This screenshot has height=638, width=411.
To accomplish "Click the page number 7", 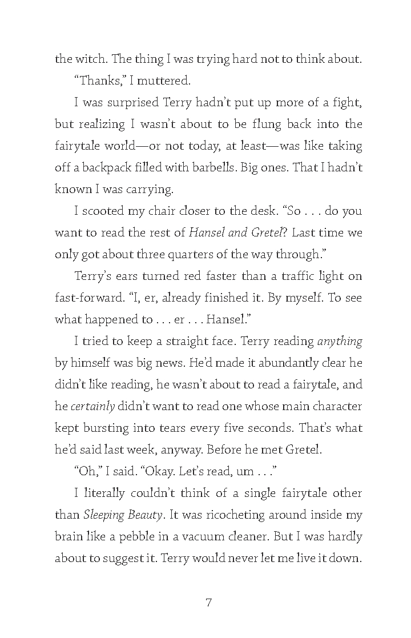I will (208, 602).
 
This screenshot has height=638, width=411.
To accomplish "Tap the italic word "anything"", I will (340, 341).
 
